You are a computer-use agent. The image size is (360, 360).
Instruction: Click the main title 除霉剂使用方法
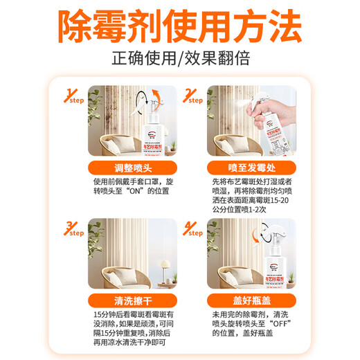point(179,28)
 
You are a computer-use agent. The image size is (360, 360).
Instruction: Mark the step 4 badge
point(192,229)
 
